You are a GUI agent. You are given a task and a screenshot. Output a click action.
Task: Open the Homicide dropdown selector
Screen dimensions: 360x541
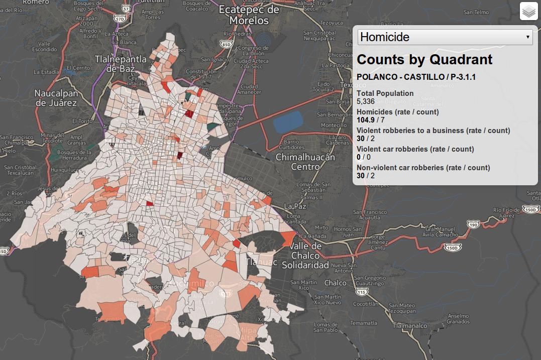tap(445, 37)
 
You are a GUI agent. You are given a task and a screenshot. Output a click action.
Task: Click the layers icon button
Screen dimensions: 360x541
tap(529, 11)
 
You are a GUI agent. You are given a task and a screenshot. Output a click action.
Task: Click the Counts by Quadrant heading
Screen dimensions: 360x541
tap(424, 59)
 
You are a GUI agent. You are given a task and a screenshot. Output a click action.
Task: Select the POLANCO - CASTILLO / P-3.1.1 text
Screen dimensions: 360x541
tap(416, 77)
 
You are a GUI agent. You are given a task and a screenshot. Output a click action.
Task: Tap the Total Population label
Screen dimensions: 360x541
tap(385, 93)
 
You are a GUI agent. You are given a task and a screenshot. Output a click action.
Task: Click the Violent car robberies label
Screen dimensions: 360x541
tap(415, 149)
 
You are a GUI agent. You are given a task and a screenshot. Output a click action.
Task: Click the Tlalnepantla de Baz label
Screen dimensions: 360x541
tap(121, 64)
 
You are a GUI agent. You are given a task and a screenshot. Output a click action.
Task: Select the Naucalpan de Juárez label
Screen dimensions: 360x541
tap(56, 98)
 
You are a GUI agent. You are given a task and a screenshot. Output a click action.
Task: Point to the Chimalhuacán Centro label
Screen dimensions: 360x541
tap(305, 162)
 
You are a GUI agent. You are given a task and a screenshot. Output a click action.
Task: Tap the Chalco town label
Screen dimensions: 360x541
tap(335, 283)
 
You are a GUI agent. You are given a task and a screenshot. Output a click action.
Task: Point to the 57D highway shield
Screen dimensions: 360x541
tap(120, 19)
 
